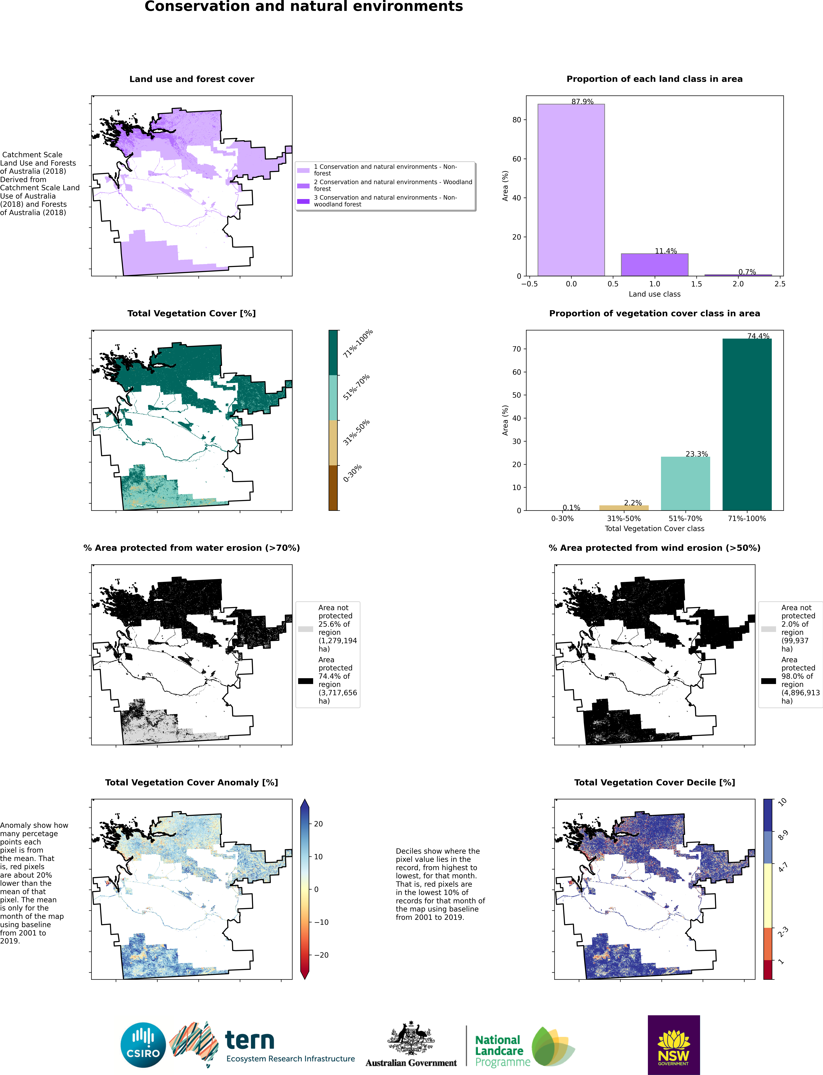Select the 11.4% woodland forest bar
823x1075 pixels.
pyautogui.click(x=655, y=264)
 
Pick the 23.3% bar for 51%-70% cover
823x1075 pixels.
pyautogui.click(x=685, y=483)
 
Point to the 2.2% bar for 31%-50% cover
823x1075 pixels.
pyautogui.click(x=624, y=508)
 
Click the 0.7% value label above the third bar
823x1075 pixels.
pyautogui.click(x=747, y=272)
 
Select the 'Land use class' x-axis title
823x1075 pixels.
pyautogui.click(x=655, y=294)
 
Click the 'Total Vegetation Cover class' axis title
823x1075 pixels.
pyautogui.click(x=655, y=528)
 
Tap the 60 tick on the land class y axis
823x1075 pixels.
pyautogui.click(x=516, y=159)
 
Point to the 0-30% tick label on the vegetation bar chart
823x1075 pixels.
pyautogui.click(x=562, y=518)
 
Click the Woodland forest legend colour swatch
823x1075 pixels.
pyautogui.click(x=303, y=186)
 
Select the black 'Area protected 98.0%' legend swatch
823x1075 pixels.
pyautogui.click(x=769, y=681)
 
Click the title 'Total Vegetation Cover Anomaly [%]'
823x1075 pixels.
pyautogui.click(x=192, y=782)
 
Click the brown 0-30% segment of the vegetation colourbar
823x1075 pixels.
pyautogui.click(x=333, y=488)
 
